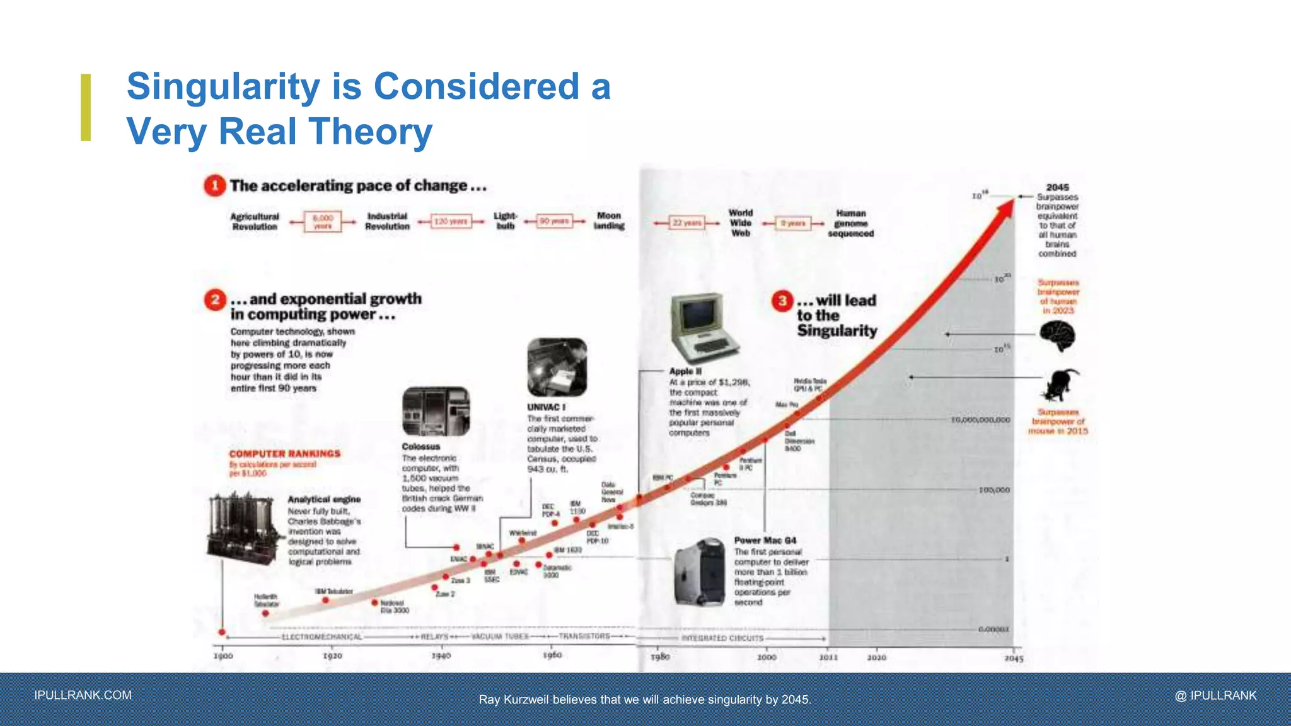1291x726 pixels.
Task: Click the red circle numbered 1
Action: (x=215, y=185)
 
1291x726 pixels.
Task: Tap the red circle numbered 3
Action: (x=782, y=301)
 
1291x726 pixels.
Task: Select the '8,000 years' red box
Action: (x=323, y=222)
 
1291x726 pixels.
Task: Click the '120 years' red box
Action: (x=451, y=222)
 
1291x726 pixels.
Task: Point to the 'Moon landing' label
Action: (x=609, y=221)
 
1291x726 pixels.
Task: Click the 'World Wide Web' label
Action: (x=741, y=223)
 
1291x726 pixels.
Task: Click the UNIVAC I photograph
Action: (x=557, y=367)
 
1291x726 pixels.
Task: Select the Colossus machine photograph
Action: (x=436, y=412)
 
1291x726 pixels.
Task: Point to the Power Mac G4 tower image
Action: (x=700, y=572)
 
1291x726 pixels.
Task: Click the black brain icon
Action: (x=1057, y=335)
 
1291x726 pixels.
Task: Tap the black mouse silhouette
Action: (x=1061, y=385)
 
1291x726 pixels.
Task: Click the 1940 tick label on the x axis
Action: (x=441, y=656)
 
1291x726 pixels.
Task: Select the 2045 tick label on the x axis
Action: (x=1014, y=659)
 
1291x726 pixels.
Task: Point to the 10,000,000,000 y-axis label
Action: (x=980, y=420)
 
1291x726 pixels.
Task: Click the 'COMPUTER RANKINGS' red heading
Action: (x=284, y=454)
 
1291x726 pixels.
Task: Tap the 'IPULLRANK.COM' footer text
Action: (x=83, y=695)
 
